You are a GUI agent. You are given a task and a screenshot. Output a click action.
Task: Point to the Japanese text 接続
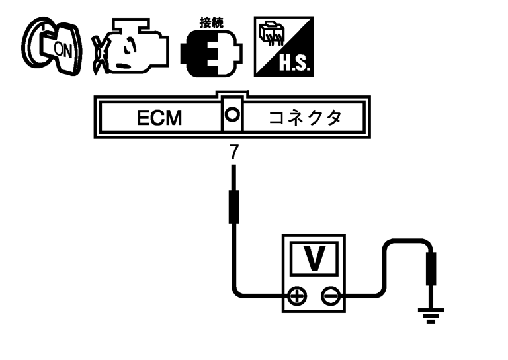coord(212,22)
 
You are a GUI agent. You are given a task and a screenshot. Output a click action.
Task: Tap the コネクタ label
coord(305,118)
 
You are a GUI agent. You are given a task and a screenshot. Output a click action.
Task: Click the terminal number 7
coord(233,152)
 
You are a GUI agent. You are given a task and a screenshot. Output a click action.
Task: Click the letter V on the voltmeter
coord(315,259)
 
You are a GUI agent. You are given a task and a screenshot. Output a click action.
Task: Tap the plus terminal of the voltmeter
coord(298,296)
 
